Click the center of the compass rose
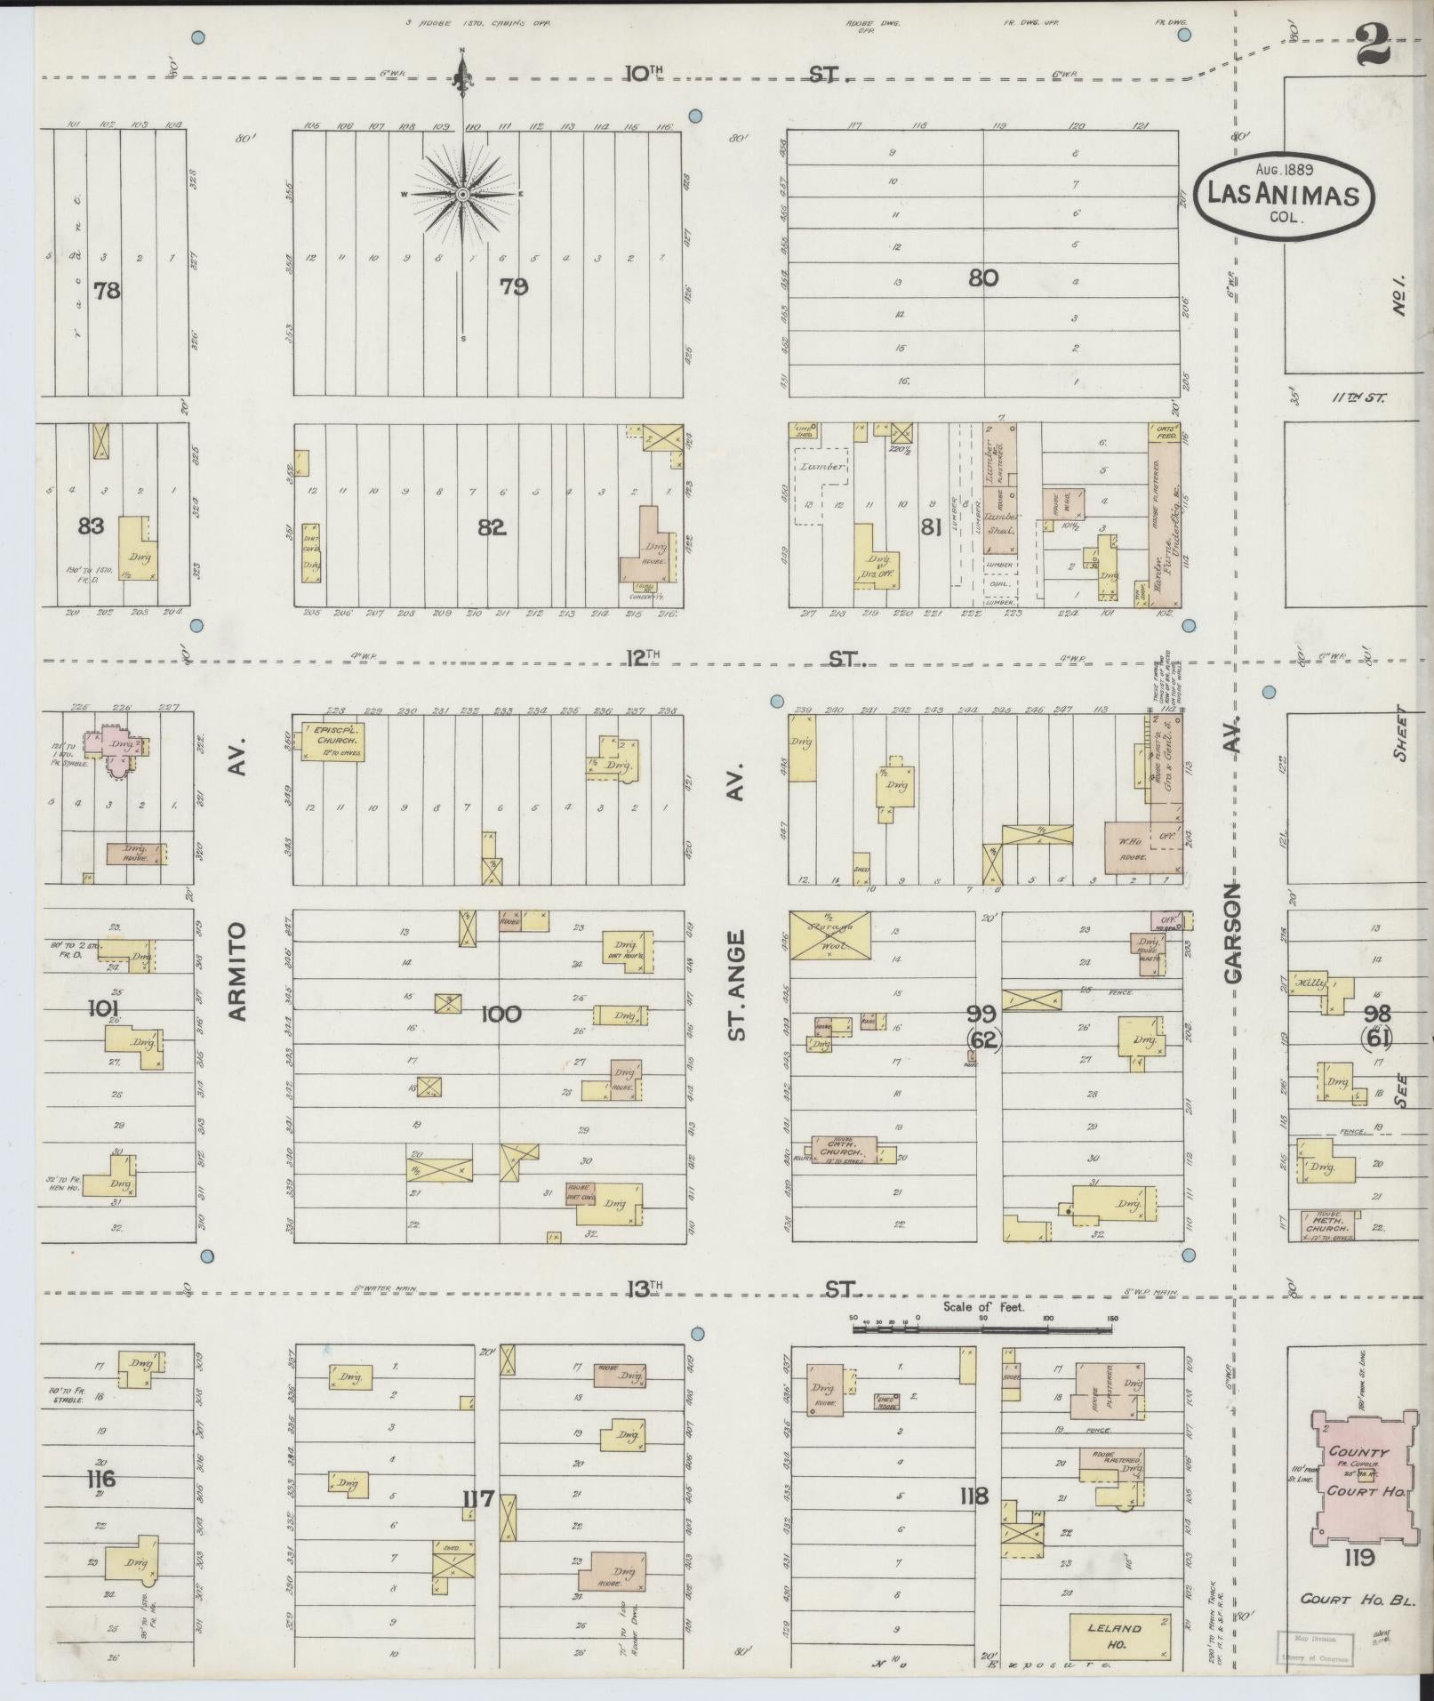coord(462,194)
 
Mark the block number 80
coord(982,278)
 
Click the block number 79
coord(513,286)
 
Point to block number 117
coord(477,1499)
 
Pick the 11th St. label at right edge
coord(1358,398)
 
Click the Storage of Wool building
coord(830,935)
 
